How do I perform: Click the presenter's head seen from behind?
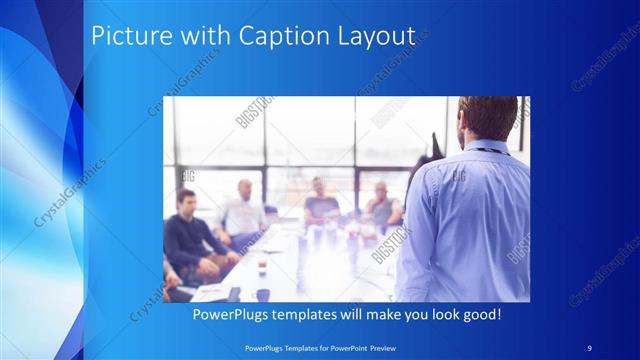click(487, 117)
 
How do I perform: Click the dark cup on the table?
click(262, 294)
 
